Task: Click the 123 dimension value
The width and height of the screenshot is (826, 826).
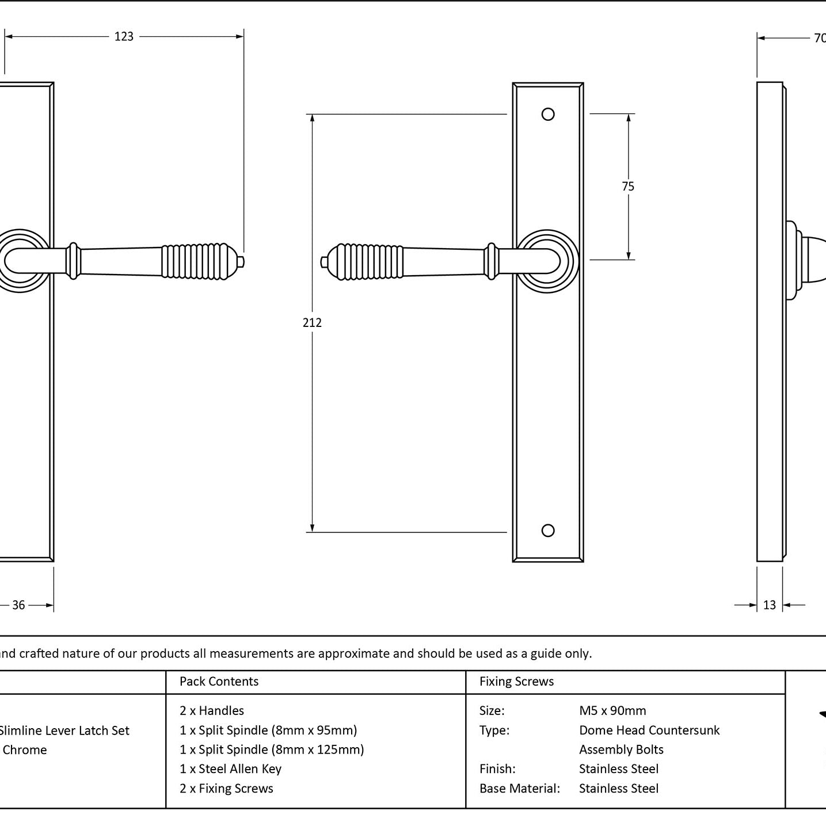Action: click(124, 37)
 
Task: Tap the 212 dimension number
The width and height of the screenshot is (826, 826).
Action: click(312, 322)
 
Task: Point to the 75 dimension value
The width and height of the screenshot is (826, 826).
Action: click(628, 186)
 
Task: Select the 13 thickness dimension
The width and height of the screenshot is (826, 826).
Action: click(770, 605)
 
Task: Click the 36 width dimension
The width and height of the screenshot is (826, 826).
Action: click(18, 605)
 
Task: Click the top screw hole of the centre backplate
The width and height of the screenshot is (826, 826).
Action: click(548, 115)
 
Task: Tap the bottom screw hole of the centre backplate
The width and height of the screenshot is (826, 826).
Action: click(548, 530)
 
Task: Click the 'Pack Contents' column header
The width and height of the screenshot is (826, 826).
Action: click(219, 681)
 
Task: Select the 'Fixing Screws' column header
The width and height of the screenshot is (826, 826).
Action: click(516, 681)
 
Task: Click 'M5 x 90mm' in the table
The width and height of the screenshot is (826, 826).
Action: click(612, 710)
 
